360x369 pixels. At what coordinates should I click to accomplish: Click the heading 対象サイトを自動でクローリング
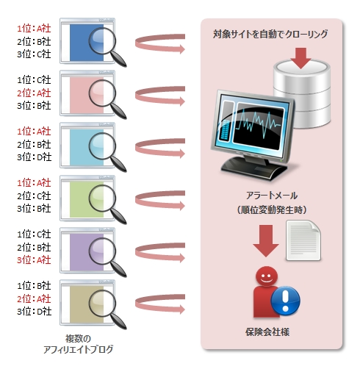point(270,34)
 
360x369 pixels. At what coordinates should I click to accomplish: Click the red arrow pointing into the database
point(300,58)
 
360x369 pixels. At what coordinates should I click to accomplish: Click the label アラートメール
point(272,196)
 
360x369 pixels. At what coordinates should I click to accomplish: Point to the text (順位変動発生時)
point(272,209)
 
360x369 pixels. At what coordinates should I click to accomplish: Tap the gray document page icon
point(303,240)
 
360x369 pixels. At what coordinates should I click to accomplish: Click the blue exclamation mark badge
point(286,301)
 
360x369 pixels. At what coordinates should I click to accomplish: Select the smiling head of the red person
point(267,276)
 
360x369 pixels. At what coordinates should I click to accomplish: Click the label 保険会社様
point(267,332)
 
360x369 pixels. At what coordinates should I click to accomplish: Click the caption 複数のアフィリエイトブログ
point(78,344)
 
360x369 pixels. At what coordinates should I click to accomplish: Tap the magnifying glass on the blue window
point(107,46)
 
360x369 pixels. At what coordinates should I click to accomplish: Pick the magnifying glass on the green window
point(107,204)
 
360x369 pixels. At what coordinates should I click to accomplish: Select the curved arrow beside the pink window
point(160,96)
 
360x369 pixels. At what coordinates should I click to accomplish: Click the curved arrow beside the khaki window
point(160,304)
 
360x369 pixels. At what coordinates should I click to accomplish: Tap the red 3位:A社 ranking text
point(34,260)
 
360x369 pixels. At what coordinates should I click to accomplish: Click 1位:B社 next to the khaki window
point(34,286)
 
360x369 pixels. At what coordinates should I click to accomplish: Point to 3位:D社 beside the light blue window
point(34,157)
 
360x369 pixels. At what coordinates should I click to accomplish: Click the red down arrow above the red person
point(266,240)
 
